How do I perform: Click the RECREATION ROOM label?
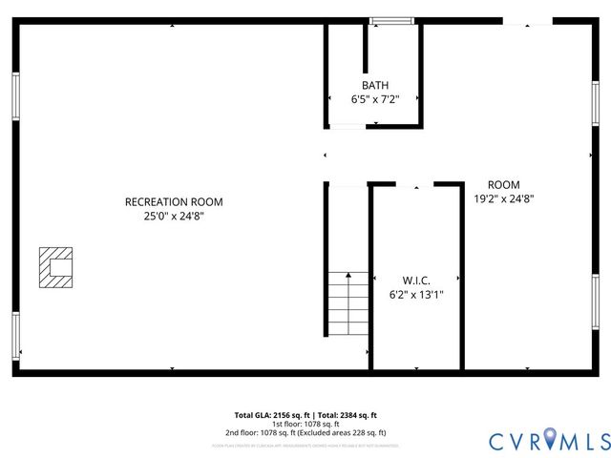pos(174,201)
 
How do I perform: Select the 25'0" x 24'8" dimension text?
pos(174,217)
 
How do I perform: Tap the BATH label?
pos(375,85)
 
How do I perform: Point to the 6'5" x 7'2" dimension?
pos(375,99)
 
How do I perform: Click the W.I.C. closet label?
pos(416,280)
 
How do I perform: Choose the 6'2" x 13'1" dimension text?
pos(416,295)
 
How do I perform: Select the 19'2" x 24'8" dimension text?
pos(503,199)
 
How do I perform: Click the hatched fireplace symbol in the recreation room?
pos(55,267)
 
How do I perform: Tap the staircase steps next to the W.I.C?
pos(348,302)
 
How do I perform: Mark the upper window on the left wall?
pos(15,96)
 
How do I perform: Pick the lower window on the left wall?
pos(15,335)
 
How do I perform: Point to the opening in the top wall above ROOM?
pos(528,21)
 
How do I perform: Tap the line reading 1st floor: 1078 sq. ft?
pos(305,424)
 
